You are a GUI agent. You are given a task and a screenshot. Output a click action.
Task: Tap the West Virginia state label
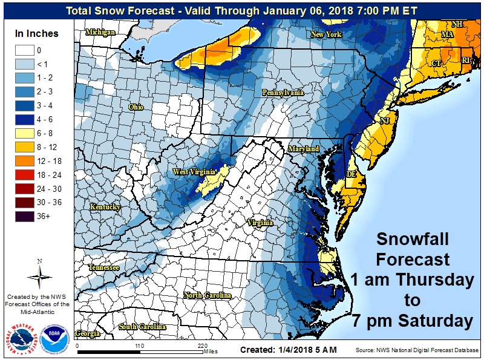[194, 172]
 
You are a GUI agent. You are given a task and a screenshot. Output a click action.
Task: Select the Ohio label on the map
[136, 106]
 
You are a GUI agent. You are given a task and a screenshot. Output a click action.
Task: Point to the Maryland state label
[303, 148]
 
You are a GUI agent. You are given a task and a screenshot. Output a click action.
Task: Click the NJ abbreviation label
[384, 121]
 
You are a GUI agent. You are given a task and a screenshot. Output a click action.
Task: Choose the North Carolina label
[208, 295]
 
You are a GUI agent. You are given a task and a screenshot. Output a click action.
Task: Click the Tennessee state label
[104, 267]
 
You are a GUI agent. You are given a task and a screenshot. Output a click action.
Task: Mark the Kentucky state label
[105, 207]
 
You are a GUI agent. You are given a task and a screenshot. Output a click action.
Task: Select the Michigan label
[100, 32]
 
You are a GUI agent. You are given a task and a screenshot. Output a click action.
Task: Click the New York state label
[326, 35]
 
